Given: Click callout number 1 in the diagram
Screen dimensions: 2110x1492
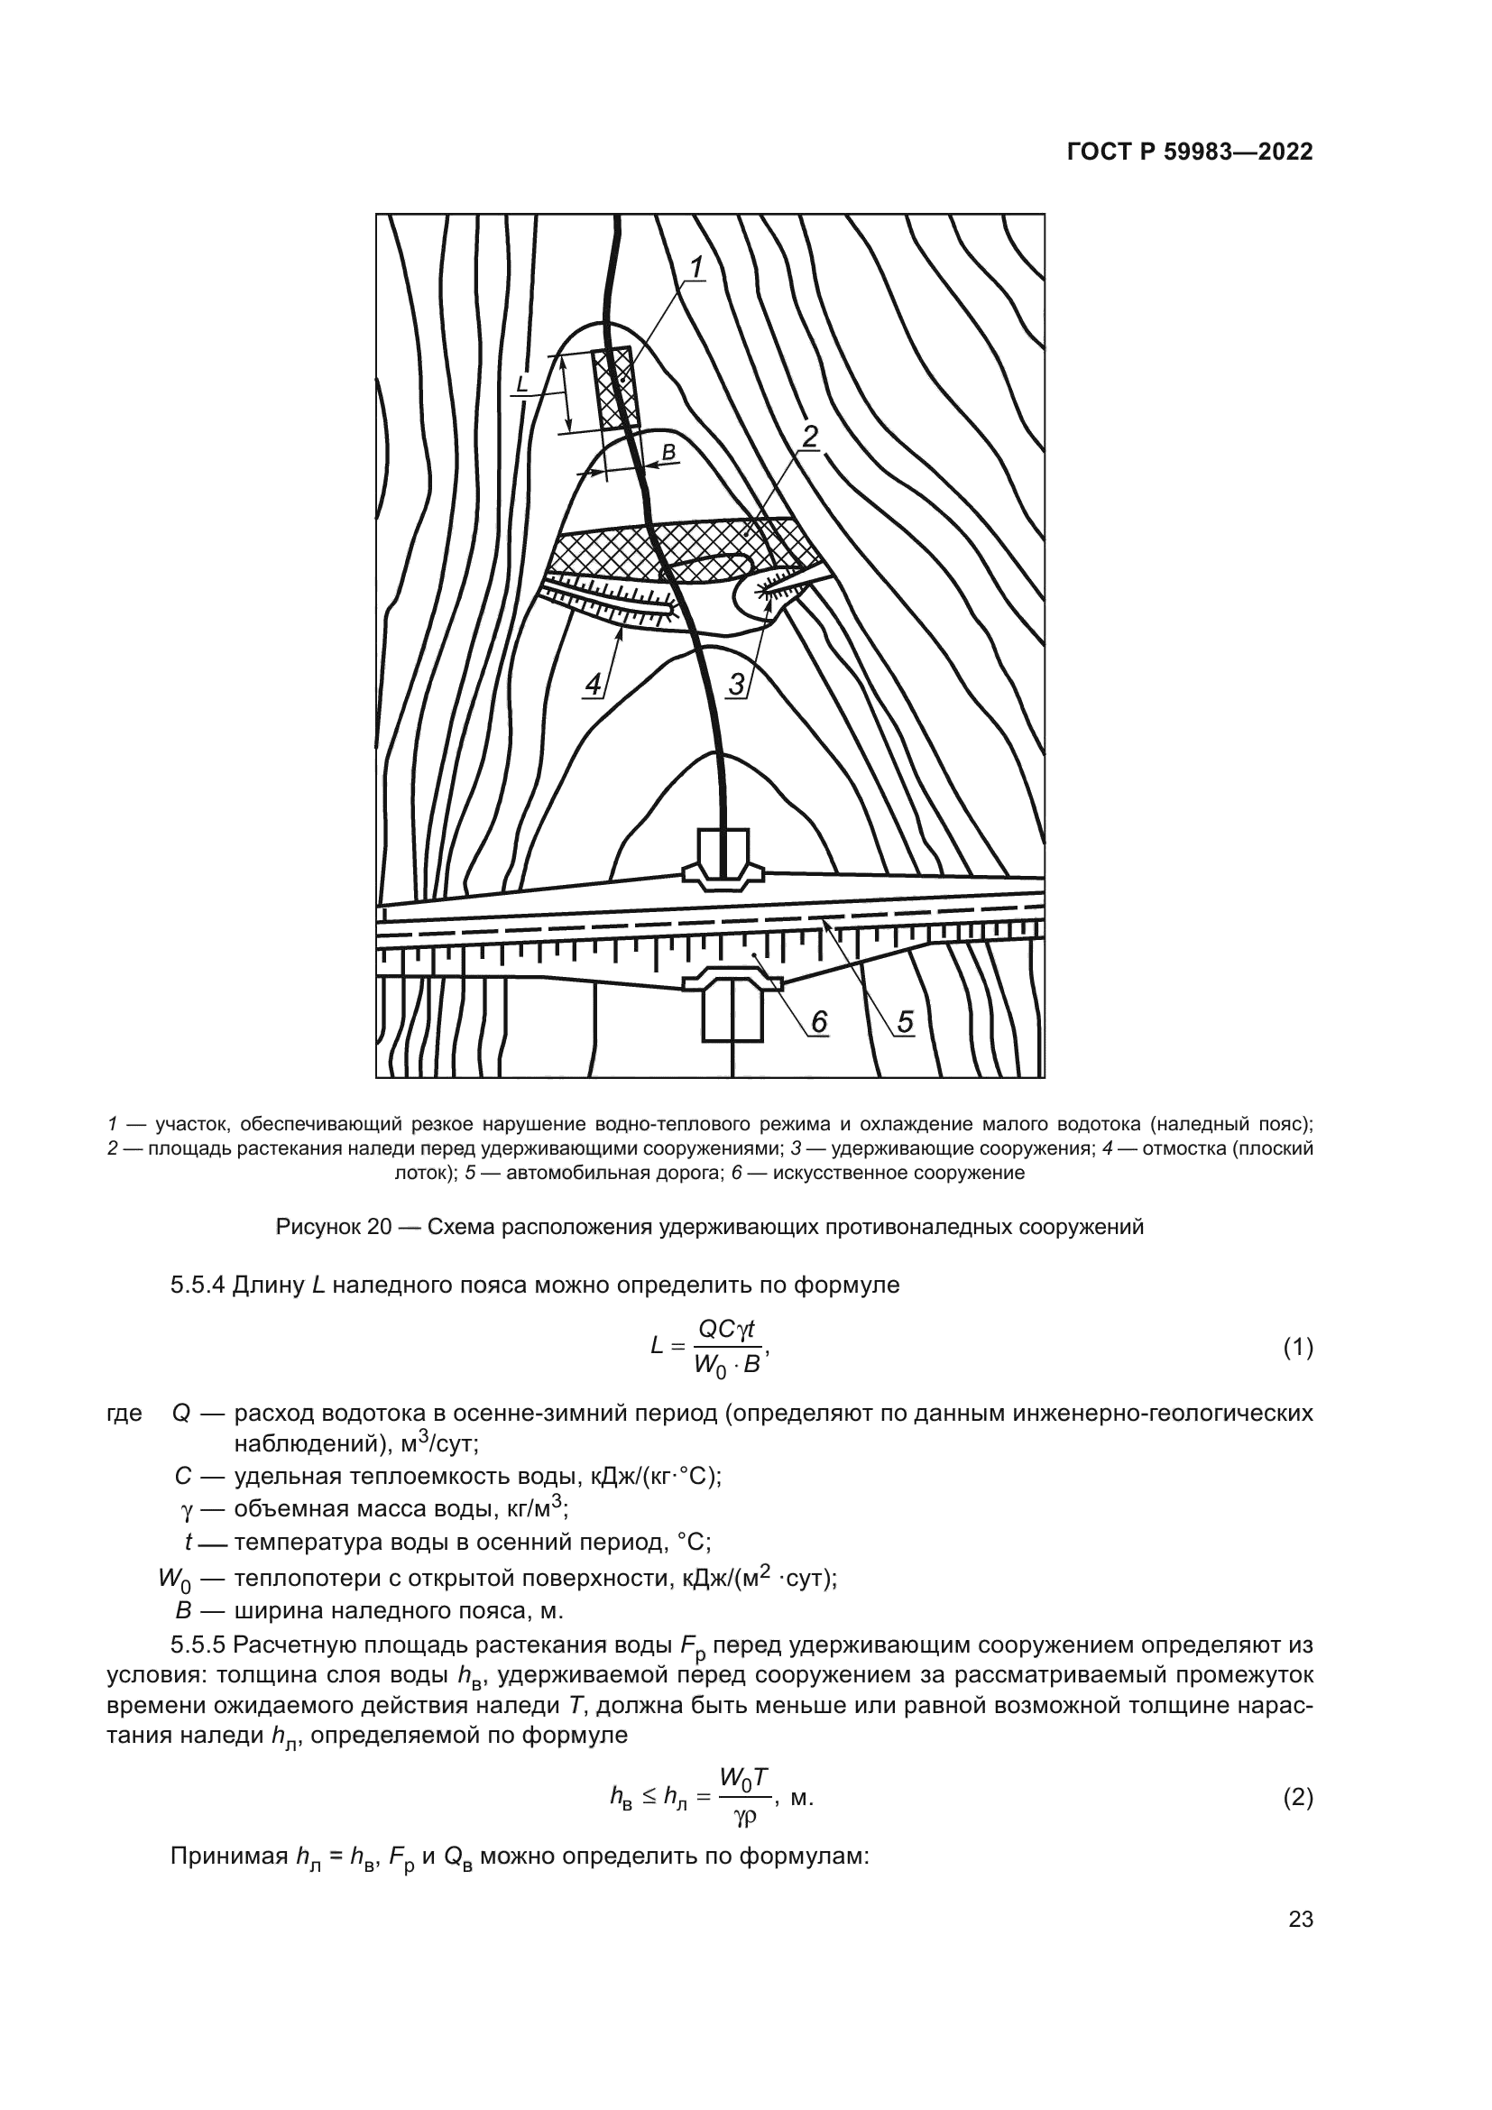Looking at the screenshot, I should pos(696,268).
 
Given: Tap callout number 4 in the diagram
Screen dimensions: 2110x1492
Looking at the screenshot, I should pos(594,685).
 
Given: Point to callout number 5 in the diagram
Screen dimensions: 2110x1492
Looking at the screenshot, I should pos(905,1022).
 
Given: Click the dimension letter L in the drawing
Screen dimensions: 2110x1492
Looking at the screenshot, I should pos(521,384).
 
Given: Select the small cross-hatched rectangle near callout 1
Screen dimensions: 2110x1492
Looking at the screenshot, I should pos(615,390).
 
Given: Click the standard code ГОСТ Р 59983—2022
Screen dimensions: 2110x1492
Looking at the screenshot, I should pos(1190,152).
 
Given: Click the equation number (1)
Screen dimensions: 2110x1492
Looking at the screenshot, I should pos(1297,1349).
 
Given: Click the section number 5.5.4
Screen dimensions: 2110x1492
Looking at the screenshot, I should pos(198,1285).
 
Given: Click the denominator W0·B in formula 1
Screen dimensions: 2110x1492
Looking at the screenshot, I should pos(726,1367).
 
